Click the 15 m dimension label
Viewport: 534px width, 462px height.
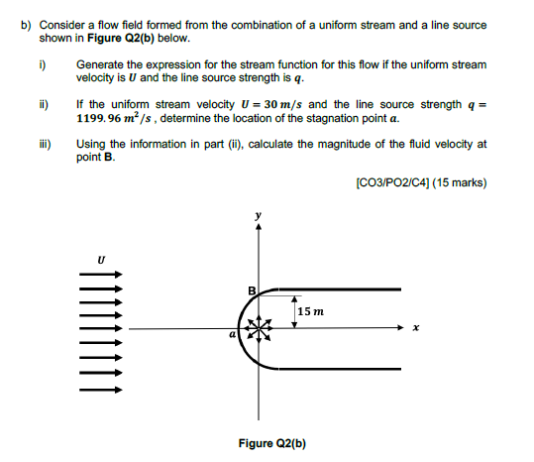point(311,310)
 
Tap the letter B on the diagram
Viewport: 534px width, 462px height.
point(252,289)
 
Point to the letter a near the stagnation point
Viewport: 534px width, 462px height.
point(233,337)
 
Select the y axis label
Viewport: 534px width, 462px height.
point(260,213)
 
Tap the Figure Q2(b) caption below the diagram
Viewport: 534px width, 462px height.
point(272,443)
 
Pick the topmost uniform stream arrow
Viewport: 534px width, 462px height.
point(100,279)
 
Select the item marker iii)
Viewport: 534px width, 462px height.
point(44,143)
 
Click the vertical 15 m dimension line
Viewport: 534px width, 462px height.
point(294,310)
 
